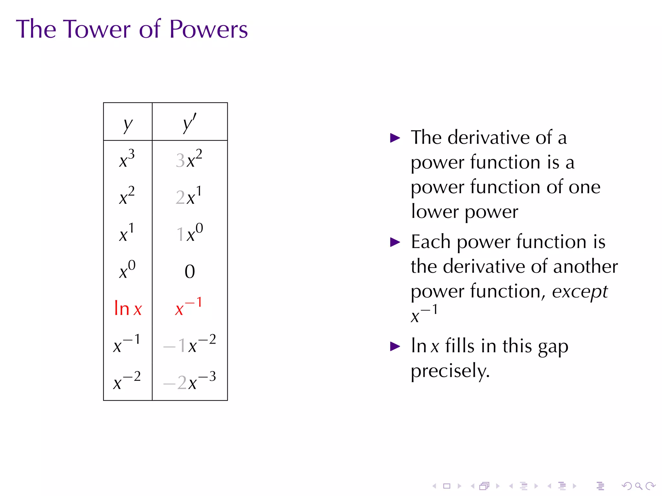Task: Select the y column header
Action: (128, 124)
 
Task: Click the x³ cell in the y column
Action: (127, 159)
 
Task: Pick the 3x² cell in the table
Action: (189, 159)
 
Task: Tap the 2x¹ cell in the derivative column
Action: (189, 196)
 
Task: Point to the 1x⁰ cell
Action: (189, 233)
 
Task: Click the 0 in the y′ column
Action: (190, 271)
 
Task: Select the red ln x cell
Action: (128, 308)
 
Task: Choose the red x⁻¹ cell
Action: (188, 307)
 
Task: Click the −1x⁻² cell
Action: (189, 345)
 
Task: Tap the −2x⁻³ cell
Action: (189, 382)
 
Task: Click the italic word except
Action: (580, 292)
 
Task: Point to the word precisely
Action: (450, 371)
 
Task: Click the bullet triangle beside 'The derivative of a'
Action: (395, 138)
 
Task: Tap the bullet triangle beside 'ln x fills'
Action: (395, 346)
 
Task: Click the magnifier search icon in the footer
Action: (638, 486)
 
